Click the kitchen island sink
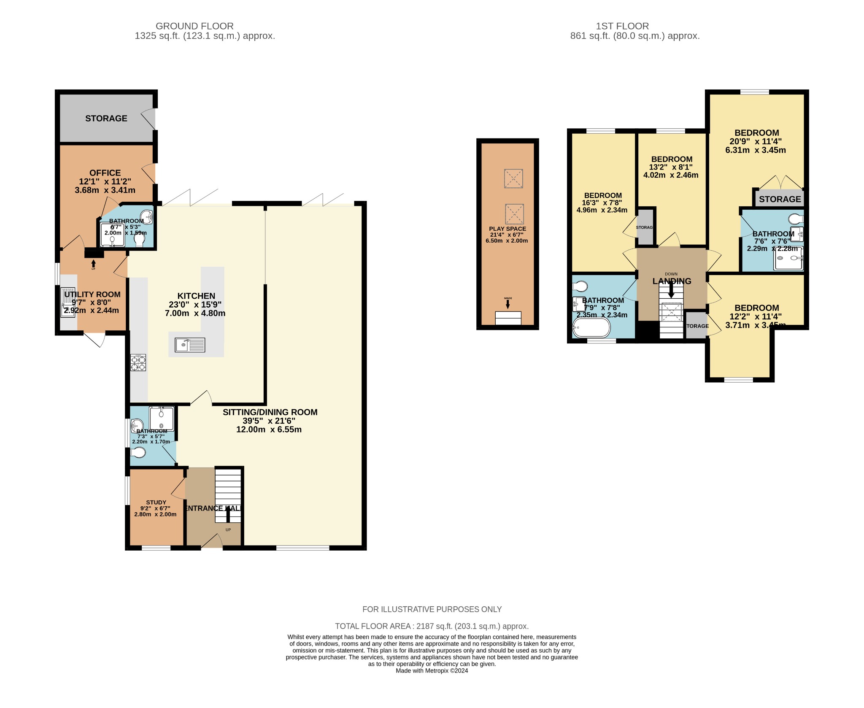click(190, 345)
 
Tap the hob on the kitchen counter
click(138, 362)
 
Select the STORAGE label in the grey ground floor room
click(106, 119)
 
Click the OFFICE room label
click(105, 173)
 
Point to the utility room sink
click(67, 302)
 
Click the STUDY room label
click(156, 503)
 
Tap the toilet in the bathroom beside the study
click(138, 453)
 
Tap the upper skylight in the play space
click(513, 178)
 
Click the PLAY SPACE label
click(508, 229)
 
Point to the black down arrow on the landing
click(671, 291)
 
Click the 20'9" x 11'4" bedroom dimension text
click(756, 141)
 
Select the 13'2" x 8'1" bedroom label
click(672, 159)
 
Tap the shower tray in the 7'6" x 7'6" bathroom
click(788, 258)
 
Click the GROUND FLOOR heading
click(194, 26)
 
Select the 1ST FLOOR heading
click(622, 26)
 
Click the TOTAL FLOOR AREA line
click(432, 626)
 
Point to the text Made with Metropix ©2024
click(432, 671)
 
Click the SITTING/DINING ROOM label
click(270, 412)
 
